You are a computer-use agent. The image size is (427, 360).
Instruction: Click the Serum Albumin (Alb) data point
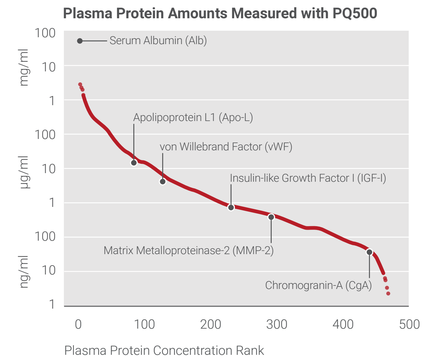coord(80,41)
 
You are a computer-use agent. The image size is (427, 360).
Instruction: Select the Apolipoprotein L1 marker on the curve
coord(134,163)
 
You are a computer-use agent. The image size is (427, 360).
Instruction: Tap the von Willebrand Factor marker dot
coord(163,182)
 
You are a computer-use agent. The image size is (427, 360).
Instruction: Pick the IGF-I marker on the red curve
coord(231,208)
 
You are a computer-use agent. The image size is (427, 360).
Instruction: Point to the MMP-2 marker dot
coord(271,217)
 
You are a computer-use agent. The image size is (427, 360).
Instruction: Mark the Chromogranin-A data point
coord(369,252)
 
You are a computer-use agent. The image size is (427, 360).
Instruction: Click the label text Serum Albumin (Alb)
coord(158,41)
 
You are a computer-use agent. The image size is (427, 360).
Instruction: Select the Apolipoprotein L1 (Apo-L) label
coord(193,118)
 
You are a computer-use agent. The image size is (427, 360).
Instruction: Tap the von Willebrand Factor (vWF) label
coord(226,147)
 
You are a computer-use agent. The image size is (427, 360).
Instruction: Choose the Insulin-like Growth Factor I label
coord(308,178)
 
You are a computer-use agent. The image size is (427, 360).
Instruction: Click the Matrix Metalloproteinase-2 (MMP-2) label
coord(188,250)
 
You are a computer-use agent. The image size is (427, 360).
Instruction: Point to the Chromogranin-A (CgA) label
coord(318,286)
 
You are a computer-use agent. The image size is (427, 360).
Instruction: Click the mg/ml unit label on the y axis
coord(24,68)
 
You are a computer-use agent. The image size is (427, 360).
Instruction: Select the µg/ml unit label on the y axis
coord(24,172)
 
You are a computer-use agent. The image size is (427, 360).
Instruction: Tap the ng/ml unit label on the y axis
coord(24,272)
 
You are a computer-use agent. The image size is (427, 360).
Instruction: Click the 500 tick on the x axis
coord(409,324)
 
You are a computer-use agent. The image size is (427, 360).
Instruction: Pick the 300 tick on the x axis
coord(276,324)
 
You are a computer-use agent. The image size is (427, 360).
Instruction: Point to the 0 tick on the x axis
coord(78,324)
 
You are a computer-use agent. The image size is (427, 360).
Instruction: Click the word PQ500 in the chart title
coord(355,13)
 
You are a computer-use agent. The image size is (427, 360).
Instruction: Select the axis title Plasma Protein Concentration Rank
coord(164,350)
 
